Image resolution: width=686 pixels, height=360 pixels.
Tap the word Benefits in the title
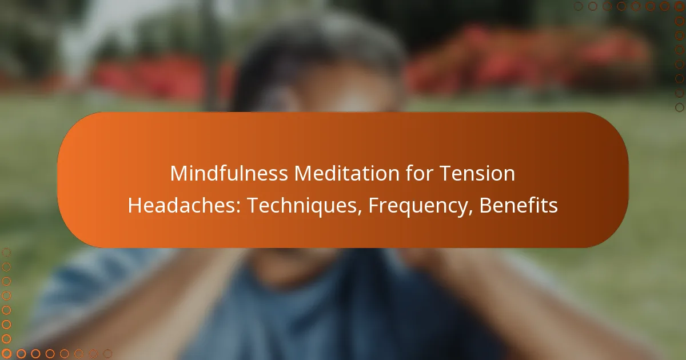point(519,206)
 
